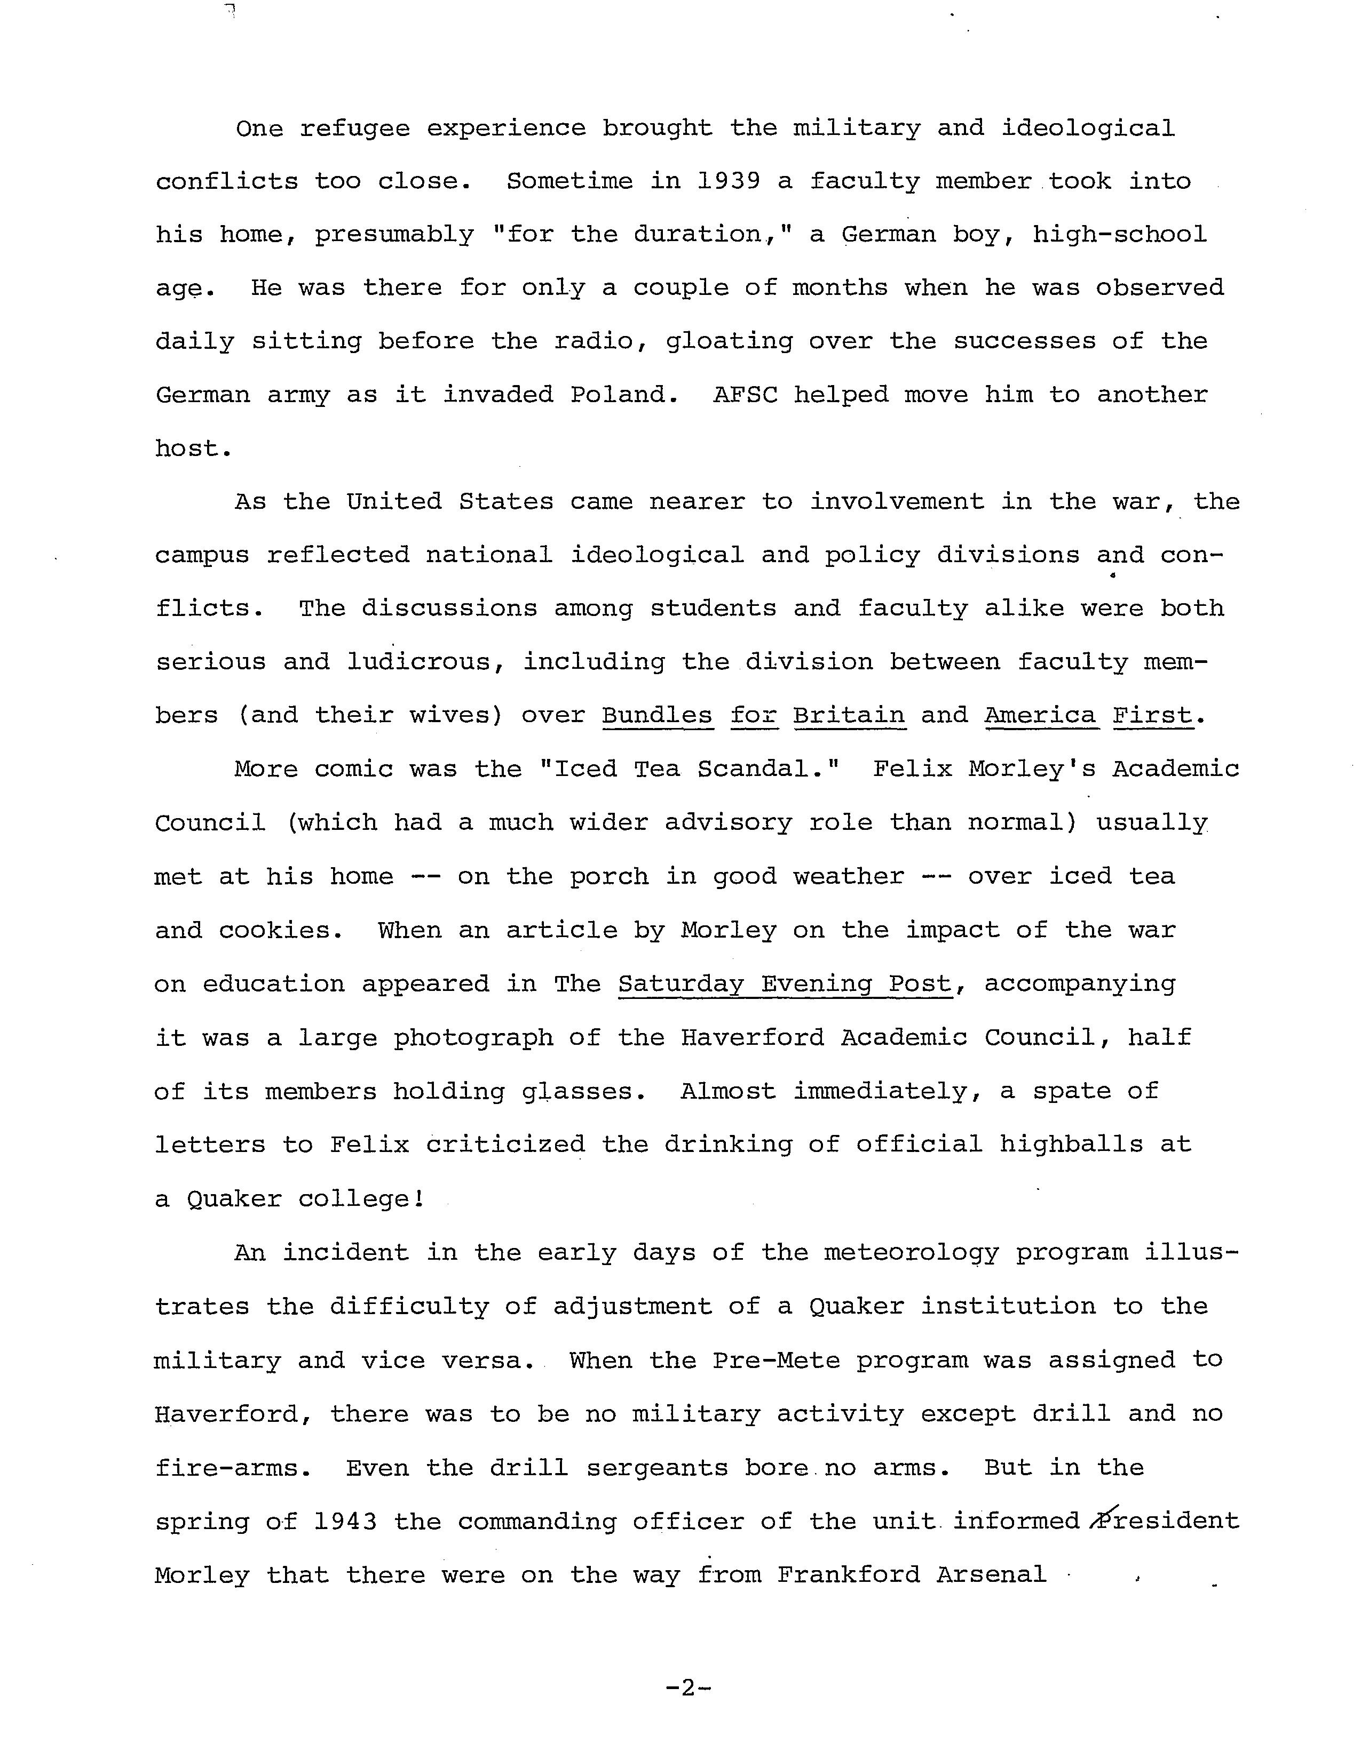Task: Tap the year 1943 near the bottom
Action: (x=345, y=1522)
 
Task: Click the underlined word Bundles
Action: (x=657, y=716)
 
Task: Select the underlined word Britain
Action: (x=849, y=716)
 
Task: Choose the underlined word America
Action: (x=1041, y=716)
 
